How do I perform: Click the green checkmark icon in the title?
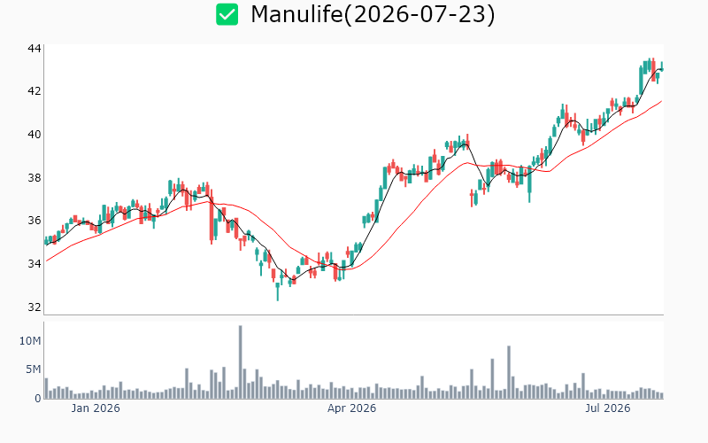(x=227, y=14)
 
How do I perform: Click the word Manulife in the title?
(x=296, y=14)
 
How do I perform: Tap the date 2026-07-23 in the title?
(x=419, y=14)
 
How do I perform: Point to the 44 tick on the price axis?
(x=35, y=48)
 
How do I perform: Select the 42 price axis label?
(x=35, y=91)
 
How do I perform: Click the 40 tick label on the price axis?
(x=35, y=135)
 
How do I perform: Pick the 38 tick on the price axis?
(x=35, y=178)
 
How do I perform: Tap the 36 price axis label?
(x=35, y=221)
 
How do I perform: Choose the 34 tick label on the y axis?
(x=35, y=263)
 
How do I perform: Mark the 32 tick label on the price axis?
(x=35, y=307)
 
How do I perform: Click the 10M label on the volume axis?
(x=30, y=341)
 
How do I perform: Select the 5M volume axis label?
(x=33, y=369)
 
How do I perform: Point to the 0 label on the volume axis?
(x=38, y=398)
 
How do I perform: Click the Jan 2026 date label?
(x=96, y=408)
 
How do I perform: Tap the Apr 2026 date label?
(x=351, y=408)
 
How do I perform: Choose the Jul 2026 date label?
(x=608, y=408)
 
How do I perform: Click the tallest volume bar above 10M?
(x=240, y=361)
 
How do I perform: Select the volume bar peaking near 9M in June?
(x=509, y=372)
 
